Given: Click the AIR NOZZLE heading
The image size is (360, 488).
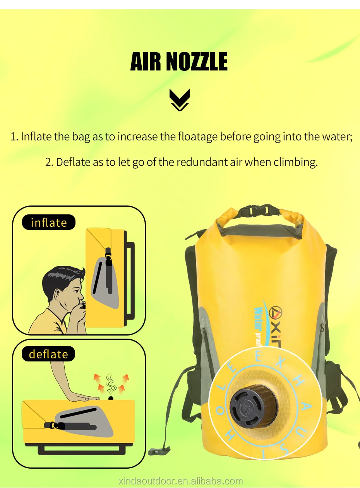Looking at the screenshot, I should [x=179, y=62].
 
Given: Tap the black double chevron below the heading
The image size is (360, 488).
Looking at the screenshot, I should [x=180, y=100].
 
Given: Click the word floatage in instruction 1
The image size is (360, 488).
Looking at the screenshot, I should [x=198, y=137].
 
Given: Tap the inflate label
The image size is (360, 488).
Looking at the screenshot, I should [x=49, y=223].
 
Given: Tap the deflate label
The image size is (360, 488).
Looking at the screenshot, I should [x=48, y=354].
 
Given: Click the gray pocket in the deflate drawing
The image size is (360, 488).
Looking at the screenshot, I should [x=85, y=420].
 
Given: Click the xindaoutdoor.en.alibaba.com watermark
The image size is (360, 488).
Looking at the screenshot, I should [x=180, y=481].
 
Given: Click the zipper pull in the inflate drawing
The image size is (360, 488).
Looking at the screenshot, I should [x=109, y=257].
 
